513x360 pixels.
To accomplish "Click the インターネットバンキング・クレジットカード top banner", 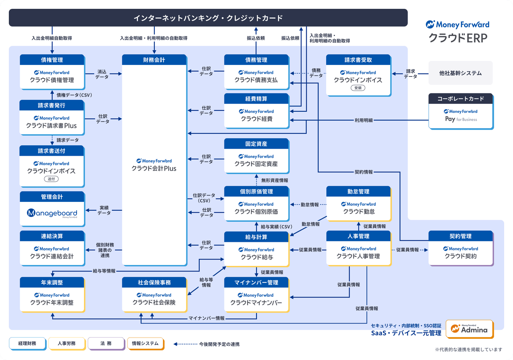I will coord(208,18).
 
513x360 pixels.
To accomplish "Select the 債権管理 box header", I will coord(52,60).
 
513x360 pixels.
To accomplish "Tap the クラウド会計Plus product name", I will coord(154,169).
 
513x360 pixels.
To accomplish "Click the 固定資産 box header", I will coord(256,144).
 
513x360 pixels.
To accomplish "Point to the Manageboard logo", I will coord(52,213).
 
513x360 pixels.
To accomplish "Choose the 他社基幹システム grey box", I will coord(460,73).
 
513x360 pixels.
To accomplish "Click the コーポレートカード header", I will coord(460,99).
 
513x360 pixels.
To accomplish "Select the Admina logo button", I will coord(469,329).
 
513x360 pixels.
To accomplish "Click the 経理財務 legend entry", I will coord(27,344).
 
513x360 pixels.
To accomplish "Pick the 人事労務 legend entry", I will coord(67,344).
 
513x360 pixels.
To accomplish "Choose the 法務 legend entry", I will coord(106,344).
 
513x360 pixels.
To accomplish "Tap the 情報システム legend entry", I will coord(145,344).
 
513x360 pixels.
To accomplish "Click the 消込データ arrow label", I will coord(102,74).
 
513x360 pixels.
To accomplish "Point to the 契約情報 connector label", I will coord(364,172).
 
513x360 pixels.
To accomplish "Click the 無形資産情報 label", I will coord(275,181).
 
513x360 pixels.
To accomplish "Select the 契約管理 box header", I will coord(460,236).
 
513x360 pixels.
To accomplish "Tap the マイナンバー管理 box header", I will coord(256,282).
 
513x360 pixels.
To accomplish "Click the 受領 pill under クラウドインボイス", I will coord(357,88).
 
